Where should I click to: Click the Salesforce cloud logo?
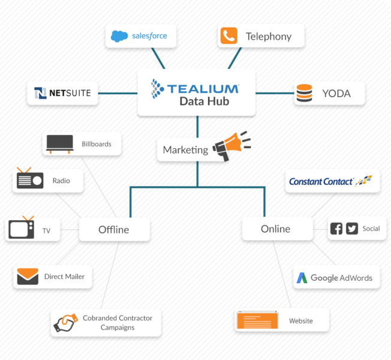click(x=120, y=36)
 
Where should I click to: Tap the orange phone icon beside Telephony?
click(x=229, y=36)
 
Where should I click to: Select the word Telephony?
click(x=268, y=37)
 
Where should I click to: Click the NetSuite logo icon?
click(x=41, y=93)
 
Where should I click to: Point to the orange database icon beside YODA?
click(x=304, y=93)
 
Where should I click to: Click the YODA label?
click(x=336, y=94)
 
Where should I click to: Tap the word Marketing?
click(x=185, y=150)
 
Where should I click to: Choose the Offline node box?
click(x=114, y=229)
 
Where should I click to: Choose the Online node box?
click(x=276, y=229)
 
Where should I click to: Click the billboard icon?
click(x=59, y=143)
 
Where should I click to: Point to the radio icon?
click(x=30, y=178)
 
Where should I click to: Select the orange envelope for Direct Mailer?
click(x=28, y=276)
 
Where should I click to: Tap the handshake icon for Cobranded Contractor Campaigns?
click(x=65, y=323)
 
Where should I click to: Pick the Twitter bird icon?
click(x=352, y=229)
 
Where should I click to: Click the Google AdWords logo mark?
click(x=301, y=278)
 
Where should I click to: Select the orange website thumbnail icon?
click(x=257, y=320)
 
